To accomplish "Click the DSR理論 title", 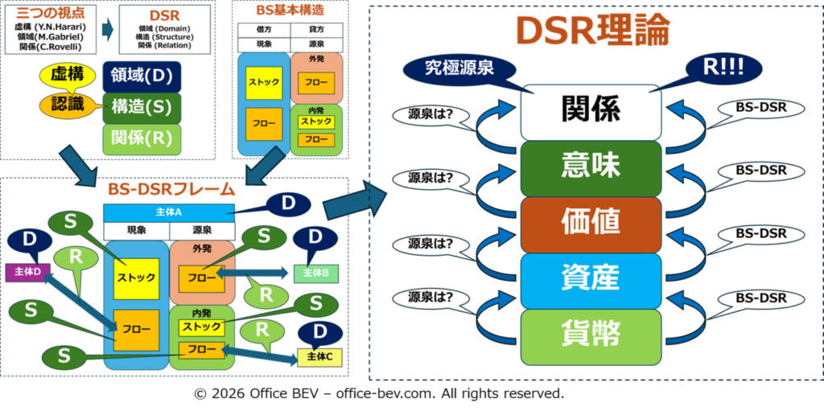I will click(x=592, y=32).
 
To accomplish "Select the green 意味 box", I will click(x=591, y=167).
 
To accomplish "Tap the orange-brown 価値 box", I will click(x=591, y=223).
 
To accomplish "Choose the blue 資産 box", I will click(x=591, y=278).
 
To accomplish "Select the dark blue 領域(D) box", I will click(x=142, y=76).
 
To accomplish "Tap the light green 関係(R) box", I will click(x=142, y=138).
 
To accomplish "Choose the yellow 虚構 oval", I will click(x=68, y=75).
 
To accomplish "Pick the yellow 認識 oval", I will click(x=68, y=104).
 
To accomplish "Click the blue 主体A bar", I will click(x=169, y=212).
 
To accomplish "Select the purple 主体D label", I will click(x=27, y=271).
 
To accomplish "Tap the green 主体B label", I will click(x=316, y=273).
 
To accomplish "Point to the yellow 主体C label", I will click(x=320, y=356).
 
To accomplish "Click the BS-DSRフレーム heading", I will click(x=171, y=190).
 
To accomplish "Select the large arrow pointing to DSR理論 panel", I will click(x=356, y=200).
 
